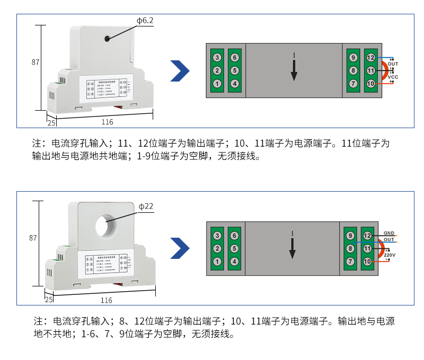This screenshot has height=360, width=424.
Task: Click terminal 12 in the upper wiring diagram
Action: pyautogui.click(x=370, y=57)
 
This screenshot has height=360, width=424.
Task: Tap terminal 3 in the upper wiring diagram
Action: pyautogui.click(x=217, y=57)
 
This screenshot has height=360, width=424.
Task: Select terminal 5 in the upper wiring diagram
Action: pyautogui.click(x=235, y=70)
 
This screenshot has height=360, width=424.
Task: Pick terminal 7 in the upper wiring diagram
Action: pyautogui.click(x=353, y=84)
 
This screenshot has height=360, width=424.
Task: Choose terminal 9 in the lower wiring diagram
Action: pyautogui.click(x=350, y=236)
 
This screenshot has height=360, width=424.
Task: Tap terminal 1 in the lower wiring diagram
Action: pyautogui.click(x=217, y=262)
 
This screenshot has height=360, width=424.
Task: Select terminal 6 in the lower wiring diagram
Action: pyautogui.click(x=235, y=236)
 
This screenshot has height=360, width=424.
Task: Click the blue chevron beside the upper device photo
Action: pyautogui.click(x=180, y=71)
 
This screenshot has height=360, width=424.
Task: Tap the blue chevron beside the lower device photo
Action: pyautogui.click(x=180, y=248)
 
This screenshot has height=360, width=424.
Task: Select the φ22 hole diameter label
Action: pyautogui.click(x=146, y=206)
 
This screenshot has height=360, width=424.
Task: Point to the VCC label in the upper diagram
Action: pyautogui.click(x=393, y=77)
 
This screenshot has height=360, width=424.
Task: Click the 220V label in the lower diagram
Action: pyautogui.click(x=390, y=255)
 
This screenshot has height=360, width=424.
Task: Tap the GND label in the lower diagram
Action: pyautogui.click(x=389, y=233)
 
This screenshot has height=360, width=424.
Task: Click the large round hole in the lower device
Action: pyautogui.click(x=108, y=224)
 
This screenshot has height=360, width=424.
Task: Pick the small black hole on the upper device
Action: pyautogui.click(x=108, y=39)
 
